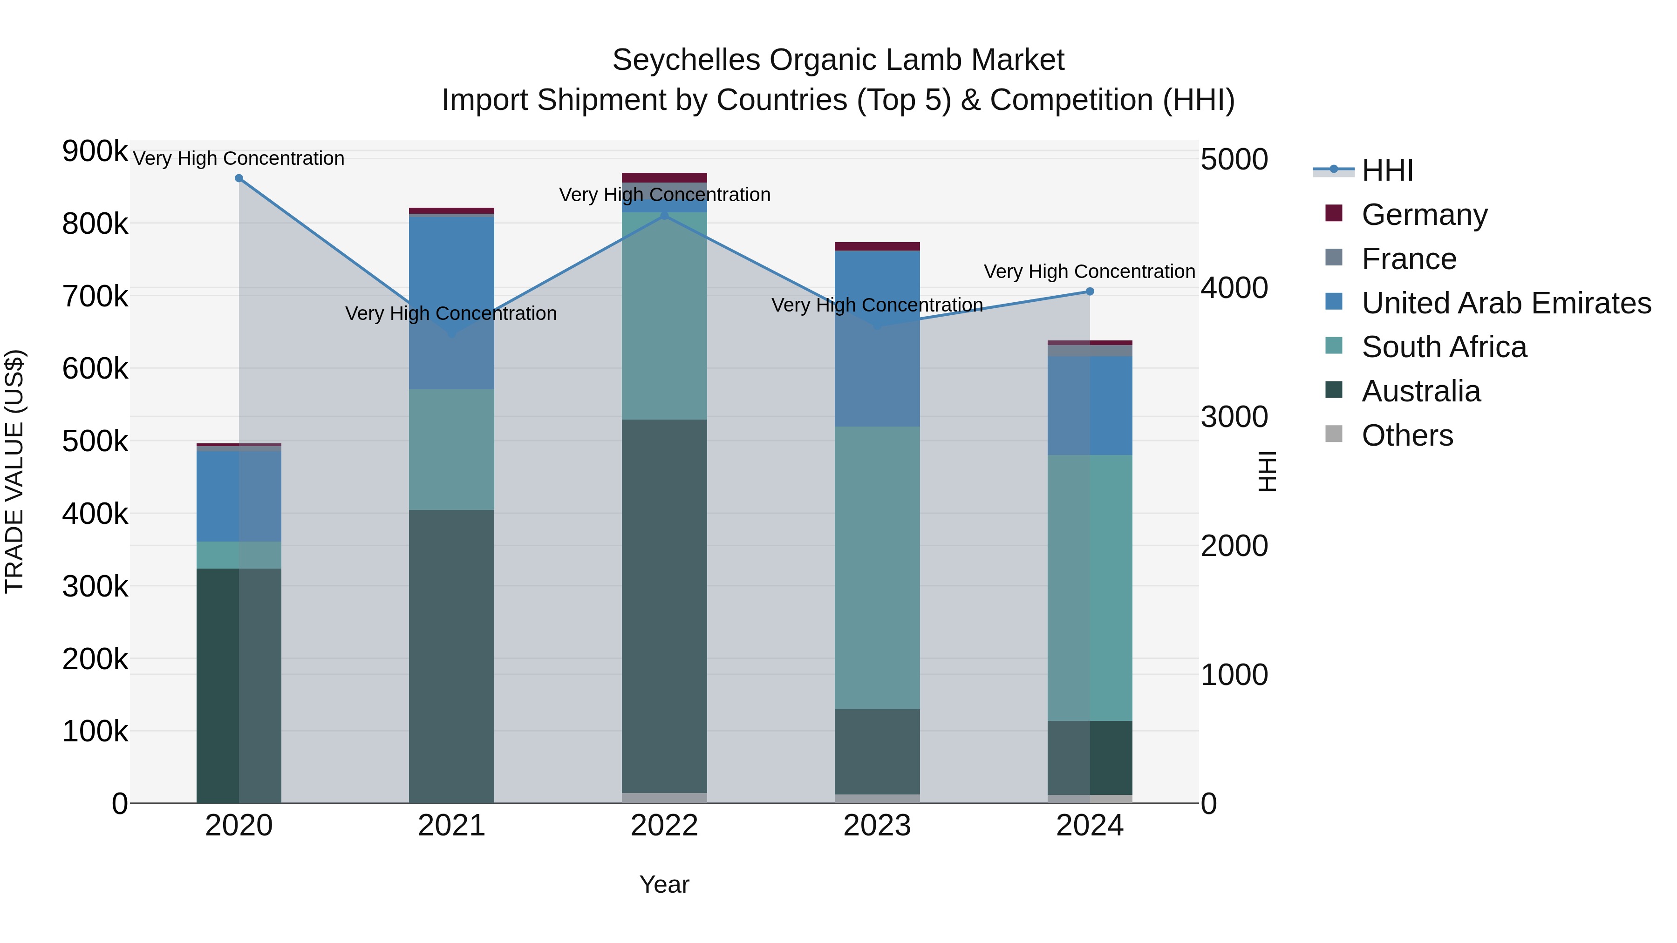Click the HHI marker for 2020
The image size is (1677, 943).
239,178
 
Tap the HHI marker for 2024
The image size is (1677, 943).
1090,292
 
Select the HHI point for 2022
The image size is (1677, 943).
664,216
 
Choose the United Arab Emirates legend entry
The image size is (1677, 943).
1506,303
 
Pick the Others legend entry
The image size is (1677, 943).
1407,435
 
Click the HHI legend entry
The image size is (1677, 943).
1387,170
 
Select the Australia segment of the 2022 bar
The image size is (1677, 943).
664,605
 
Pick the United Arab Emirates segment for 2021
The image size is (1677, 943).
451,303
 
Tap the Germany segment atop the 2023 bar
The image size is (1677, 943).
877,246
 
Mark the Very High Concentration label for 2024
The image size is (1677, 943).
1089,271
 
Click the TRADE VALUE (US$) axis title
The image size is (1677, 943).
14,472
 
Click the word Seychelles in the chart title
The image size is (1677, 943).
686,61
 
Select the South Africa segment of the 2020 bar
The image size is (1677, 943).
239,555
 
